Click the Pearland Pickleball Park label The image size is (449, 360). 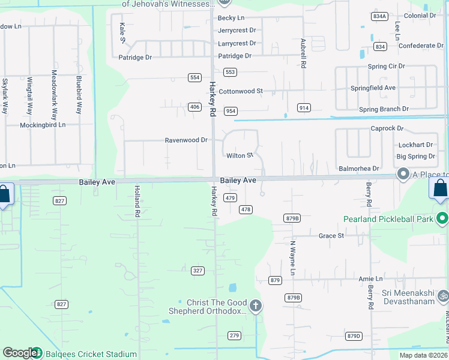pos(389,219)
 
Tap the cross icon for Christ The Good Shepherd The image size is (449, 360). pos(256,307)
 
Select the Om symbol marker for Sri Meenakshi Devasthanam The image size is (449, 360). pos(443,296)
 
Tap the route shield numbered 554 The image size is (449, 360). pos(194,77)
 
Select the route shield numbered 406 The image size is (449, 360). pos(194,107)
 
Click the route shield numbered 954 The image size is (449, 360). pos(231,111)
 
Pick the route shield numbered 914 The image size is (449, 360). pos(304,107)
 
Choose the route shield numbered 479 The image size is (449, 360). pos(230,197)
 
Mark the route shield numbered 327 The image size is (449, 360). pos(198,271)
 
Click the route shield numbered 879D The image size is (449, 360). pos(354,335)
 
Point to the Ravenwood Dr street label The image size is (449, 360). pos(186,140)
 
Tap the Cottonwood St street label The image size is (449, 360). pos(241,91)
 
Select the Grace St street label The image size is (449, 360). pos(331,236)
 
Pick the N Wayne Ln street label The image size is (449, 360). pos(293,258)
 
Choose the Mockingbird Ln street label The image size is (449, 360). pos(43,124)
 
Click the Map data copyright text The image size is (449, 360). pos(423,355)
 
